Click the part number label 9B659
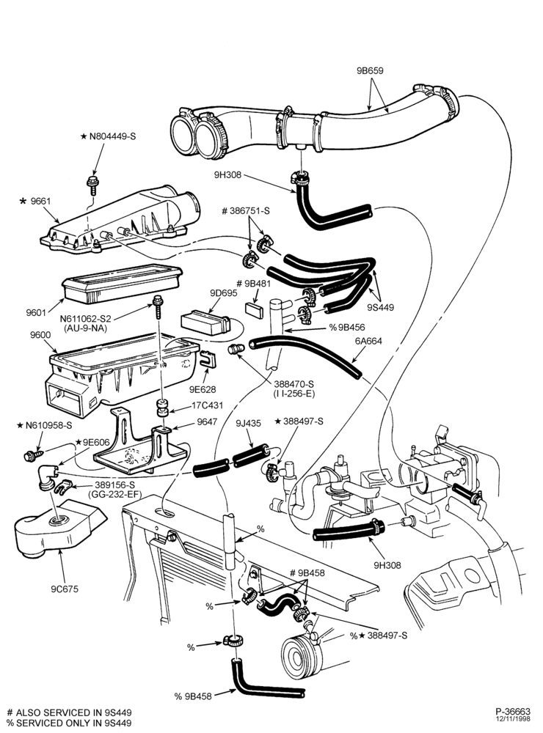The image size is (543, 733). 370,71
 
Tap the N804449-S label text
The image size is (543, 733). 112,136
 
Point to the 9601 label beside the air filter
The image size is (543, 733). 36,312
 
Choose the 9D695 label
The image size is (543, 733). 224,293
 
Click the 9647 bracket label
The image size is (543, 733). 206,421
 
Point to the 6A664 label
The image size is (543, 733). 368,341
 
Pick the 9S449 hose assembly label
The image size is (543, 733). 381,308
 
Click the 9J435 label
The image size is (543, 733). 249,424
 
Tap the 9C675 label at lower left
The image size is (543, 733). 65,589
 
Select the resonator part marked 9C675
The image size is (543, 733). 57,528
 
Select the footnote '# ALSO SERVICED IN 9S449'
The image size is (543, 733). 70,712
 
